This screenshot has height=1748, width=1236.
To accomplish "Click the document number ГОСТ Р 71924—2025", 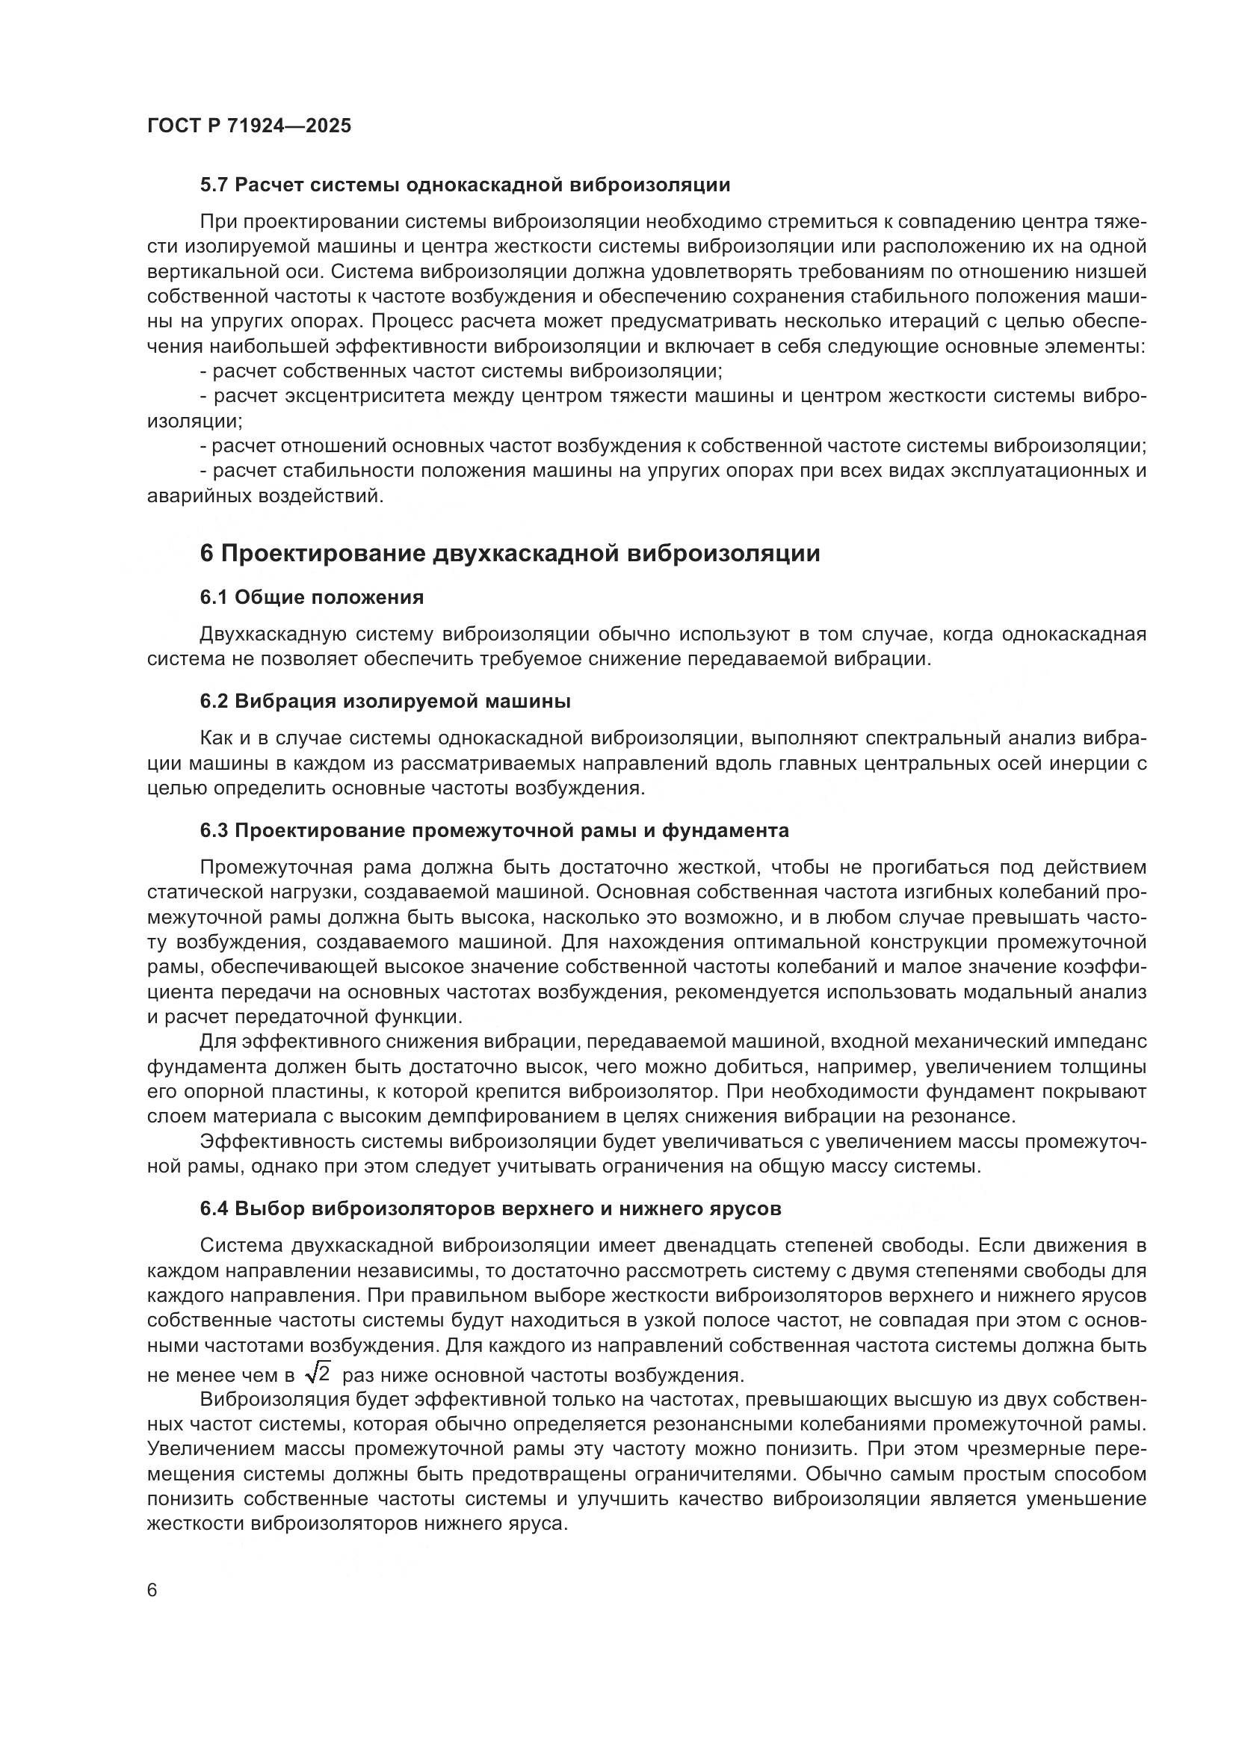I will coord(249,126).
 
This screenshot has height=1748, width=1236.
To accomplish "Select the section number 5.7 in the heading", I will coord(214,185).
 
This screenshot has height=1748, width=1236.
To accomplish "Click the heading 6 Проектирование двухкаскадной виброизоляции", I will coord(510,554).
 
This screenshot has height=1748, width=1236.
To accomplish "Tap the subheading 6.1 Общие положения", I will coord(312,598).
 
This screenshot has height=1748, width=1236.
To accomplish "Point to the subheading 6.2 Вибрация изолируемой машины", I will coord(385,701).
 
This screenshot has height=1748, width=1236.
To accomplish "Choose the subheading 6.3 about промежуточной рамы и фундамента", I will coord(494,830).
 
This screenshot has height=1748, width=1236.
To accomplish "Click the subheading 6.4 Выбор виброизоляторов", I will coord(490,1208).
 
